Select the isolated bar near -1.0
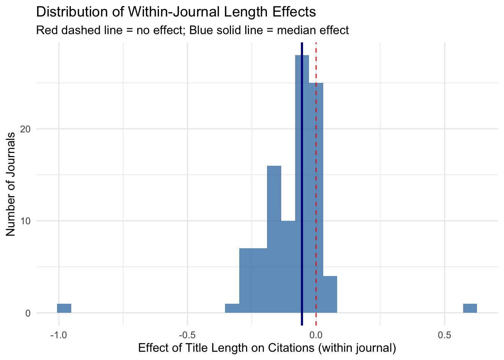tap(64, 308)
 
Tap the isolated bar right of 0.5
tap(470, 308)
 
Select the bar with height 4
tap(330, 294)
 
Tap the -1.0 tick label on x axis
tap(58, 334)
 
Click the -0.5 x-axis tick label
tap(187, 334)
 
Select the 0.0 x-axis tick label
tap(316, 334)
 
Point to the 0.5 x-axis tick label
tap(444, 334)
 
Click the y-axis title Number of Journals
tap(11, 184)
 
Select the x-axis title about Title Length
tap(267, 348)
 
